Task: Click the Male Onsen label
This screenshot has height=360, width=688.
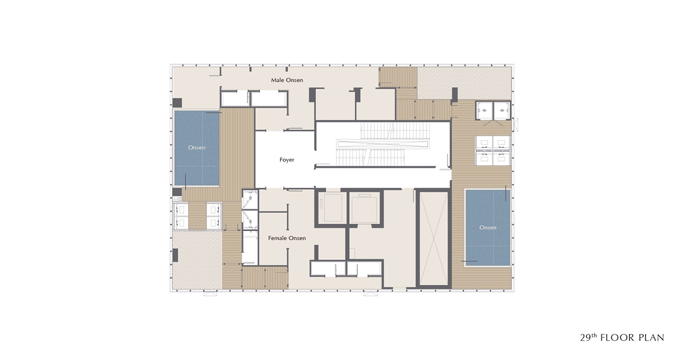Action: point(287,80)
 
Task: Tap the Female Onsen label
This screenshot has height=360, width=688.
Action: point(287,238)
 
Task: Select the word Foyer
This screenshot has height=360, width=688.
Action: point(287,160)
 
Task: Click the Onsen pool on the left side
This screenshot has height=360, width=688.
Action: point(197,148)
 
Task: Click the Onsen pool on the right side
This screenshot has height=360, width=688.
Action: point(488,228)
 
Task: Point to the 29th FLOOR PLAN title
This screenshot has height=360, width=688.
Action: point(622,337)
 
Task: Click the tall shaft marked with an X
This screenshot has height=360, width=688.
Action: point(433,238)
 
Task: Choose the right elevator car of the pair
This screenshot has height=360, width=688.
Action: point(365,208)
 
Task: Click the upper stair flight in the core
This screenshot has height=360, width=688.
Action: point(394,131)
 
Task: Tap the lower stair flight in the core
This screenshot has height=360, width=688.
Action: point(371,157)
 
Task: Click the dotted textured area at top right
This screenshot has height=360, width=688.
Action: point(464,83)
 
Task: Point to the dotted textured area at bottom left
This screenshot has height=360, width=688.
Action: point(197,260)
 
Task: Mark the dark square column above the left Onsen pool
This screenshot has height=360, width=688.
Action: point(177,103)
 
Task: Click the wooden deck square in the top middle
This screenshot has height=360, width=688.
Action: point(398,77)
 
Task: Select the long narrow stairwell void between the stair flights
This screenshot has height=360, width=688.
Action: point(383,144)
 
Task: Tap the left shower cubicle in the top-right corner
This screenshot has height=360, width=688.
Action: point(484,111)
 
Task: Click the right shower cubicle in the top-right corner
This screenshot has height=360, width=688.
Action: point(502,111)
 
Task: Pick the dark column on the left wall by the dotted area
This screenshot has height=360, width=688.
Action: point(175,255)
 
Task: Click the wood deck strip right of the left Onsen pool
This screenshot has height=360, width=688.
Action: point(236,154)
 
